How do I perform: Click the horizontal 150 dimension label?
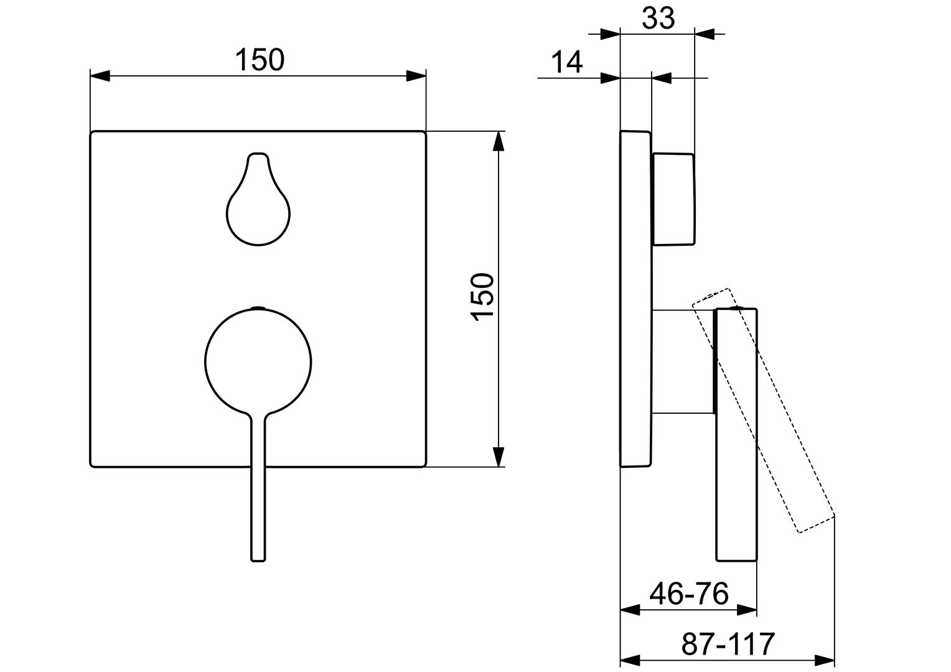pos(260,60)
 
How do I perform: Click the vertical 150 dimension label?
pos(484,297)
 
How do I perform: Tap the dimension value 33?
pos(658,19)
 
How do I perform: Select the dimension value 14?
pos(566,62)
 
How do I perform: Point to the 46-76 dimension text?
pos(688,594)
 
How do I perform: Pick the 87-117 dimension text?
pos(728,643)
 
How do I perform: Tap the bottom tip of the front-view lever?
pos(258,558)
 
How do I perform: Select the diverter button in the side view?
pos(673,198)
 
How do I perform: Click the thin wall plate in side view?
pos(635,299)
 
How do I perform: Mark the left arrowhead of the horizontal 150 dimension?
pos(100,76)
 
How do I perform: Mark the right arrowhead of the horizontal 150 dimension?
pos(416,76)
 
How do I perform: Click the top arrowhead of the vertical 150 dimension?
pos(497,141)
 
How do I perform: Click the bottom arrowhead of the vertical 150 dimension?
pos(497,457)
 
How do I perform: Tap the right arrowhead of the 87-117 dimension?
pos(825,660)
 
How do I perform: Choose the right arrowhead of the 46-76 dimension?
pos(747,610)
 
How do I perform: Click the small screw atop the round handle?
pos(258,307)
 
